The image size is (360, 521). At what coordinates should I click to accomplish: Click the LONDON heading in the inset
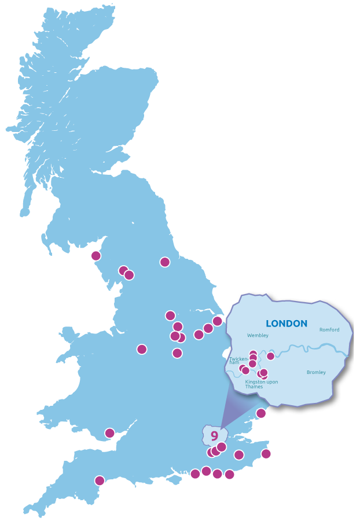point(286,323)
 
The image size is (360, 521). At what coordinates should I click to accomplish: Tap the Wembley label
point(258,335)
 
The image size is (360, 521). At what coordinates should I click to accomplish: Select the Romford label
point(329,330)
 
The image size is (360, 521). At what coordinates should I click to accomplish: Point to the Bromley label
point(316,372)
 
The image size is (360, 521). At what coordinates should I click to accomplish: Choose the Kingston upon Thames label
point(261,383)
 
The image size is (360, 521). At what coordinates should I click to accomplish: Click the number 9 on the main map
point(214,435)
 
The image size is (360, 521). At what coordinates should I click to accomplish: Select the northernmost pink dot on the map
point(95,255)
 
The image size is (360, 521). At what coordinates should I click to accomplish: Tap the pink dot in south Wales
point(109,433)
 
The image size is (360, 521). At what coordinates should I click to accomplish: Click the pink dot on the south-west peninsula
point(100,480)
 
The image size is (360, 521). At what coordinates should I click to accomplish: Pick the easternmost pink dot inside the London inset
point(270,356)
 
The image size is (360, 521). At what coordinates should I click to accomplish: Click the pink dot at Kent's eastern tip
point(266,454)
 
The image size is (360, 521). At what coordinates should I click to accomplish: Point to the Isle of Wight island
point(172,480)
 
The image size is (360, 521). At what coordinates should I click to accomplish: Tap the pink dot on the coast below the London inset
point(261,413)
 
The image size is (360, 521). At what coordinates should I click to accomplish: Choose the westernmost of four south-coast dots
point(195,474)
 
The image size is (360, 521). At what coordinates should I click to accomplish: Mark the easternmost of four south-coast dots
point(229,475)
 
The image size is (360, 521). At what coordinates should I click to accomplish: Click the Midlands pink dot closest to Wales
point(142,349)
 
